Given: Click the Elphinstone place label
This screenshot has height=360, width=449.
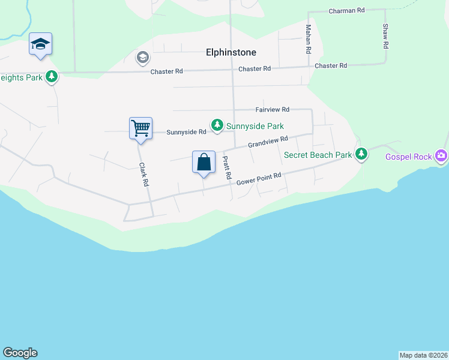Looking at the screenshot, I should tap(231, 53).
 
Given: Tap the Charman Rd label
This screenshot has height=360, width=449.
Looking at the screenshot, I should tap(347, 11).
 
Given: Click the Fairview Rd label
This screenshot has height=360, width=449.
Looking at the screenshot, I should tap(273, 110).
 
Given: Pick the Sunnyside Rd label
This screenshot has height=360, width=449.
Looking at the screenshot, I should tap(186, 132).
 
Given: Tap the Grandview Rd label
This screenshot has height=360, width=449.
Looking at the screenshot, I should tap(268, 142).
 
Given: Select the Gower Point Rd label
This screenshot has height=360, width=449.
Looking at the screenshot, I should tap(259, 178).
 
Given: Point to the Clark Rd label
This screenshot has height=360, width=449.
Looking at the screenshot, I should tap(143, 175).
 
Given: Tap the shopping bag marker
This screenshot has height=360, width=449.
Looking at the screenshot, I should tap(203, 162).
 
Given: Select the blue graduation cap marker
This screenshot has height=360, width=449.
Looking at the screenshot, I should tap(40, 44).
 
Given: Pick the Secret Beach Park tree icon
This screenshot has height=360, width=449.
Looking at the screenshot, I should tap(361, 155).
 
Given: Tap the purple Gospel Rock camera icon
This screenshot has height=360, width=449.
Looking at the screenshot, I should tap(442, 156).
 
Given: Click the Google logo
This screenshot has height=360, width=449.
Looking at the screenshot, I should tap(20, 353).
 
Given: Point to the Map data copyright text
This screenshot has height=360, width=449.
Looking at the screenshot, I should tap(423, 355).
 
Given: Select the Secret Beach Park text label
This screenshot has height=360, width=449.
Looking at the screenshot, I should tap(318, 155).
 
